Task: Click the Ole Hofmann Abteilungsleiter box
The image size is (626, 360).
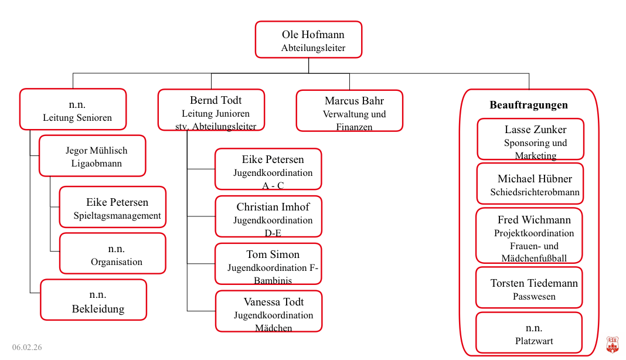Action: coord(308,40)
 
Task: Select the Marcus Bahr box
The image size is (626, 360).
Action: coord(349,110)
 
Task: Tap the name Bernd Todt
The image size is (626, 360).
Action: coord(216,100)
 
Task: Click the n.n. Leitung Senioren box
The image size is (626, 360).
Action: coord(73,109)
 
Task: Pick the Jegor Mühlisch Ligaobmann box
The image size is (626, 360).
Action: coord(92,156)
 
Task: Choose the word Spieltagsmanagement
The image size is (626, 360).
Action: coord(117,215)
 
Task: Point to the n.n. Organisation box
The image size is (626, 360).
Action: coord(113,253)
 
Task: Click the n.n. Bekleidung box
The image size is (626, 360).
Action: coord(93,300)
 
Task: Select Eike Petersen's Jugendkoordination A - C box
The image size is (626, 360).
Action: coord(268,169)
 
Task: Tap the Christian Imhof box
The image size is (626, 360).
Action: coord(268,216)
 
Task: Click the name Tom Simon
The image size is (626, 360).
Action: coord(273,254)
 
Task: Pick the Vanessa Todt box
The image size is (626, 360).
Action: coord(268,311)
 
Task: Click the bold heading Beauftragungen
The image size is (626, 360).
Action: coord(529,105)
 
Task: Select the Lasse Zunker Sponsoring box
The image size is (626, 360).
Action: coord(530,139)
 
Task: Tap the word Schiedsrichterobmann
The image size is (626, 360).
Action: coord(535,192)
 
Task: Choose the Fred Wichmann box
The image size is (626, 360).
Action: coord(529,235)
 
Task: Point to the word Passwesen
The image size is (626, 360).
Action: coord(534,297)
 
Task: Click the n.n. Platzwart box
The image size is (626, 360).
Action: coord(529,332)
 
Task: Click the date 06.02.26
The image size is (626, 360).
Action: coord(27,347)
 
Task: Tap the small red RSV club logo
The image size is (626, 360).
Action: coord(612,345)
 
